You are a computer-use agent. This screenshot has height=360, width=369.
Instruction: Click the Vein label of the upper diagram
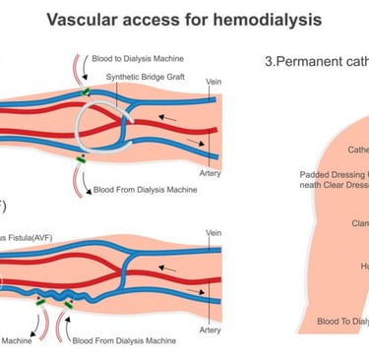click(x=214, y=82)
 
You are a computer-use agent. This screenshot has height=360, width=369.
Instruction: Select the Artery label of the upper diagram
click(x=211, y=174)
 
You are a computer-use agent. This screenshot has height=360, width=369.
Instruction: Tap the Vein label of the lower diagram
click(x=214, y=233)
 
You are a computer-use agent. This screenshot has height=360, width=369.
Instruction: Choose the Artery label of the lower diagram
click(x=211, y=330)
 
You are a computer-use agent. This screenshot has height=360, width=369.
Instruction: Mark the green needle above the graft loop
click(x=87, y=91)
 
